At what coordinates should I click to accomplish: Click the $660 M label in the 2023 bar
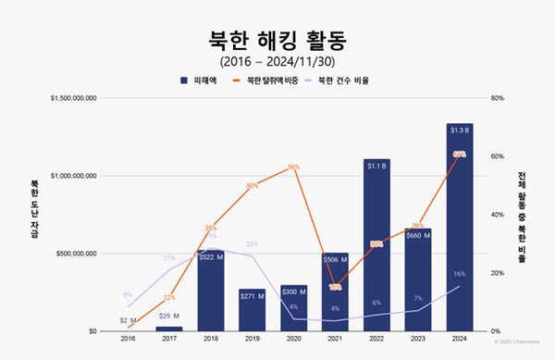418,235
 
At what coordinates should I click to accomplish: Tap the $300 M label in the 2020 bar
293,290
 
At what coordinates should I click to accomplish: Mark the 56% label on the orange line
293,168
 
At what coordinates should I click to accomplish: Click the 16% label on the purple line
460,274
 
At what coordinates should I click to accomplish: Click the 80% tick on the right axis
496,97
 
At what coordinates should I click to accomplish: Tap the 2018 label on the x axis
210,339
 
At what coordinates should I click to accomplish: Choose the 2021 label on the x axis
335,339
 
